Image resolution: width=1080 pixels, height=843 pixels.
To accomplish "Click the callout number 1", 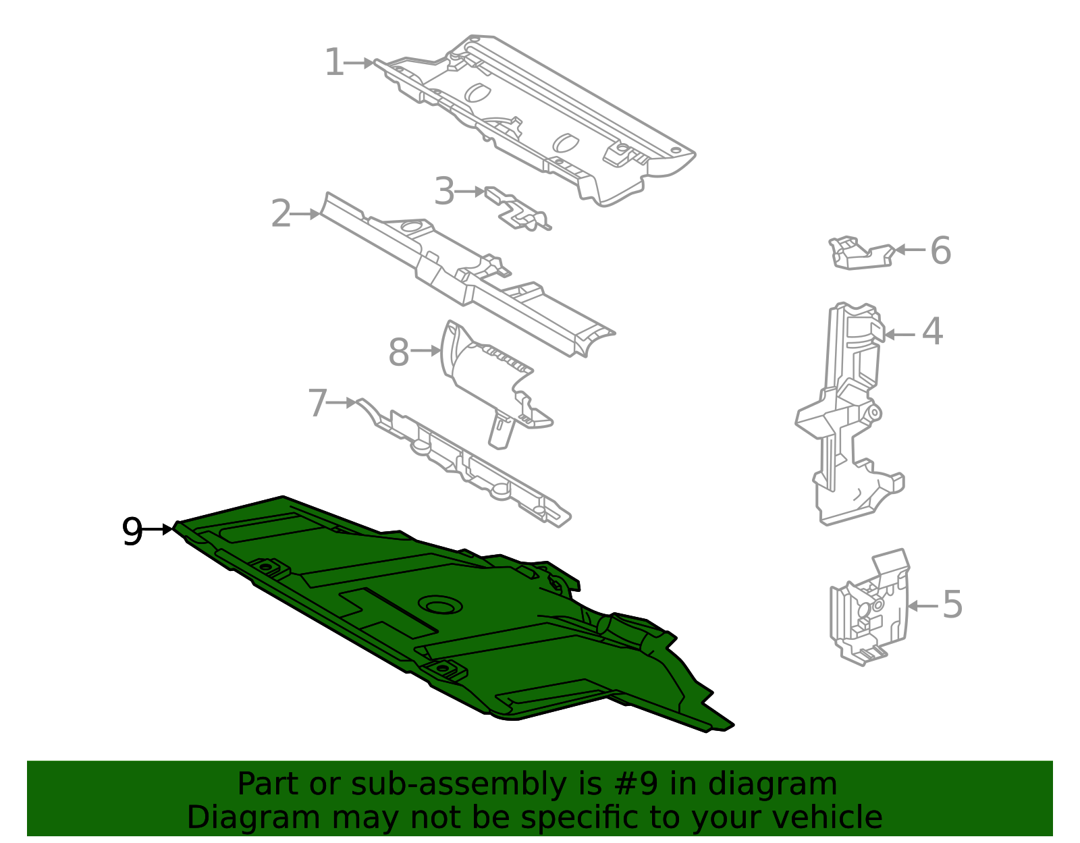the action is (334, 62).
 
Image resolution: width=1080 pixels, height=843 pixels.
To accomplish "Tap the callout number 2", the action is (281, 213).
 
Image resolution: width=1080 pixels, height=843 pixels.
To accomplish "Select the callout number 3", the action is (444, 191).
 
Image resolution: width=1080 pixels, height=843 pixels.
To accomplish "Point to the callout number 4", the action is (932, 331).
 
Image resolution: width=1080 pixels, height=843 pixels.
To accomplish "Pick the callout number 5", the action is (952, 605).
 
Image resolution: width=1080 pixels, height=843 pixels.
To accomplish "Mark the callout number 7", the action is (318, 403).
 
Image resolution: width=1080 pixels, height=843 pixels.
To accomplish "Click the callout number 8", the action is (399, 352).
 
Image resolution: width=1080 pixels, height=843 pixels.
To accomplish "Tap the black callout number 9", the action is (132, 531).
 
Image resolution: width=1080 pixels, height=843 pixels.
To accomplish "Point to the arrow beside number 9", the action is (157, 530).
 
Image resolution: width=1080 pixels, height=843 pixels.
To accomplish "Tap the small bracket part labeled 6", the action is (861, 253).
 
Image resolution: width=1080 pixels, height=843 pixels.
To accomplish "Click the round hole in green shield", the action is (440, 605).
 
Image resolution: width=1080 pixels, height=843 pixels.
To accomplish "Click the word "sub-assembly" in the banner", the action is (459, 784).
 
